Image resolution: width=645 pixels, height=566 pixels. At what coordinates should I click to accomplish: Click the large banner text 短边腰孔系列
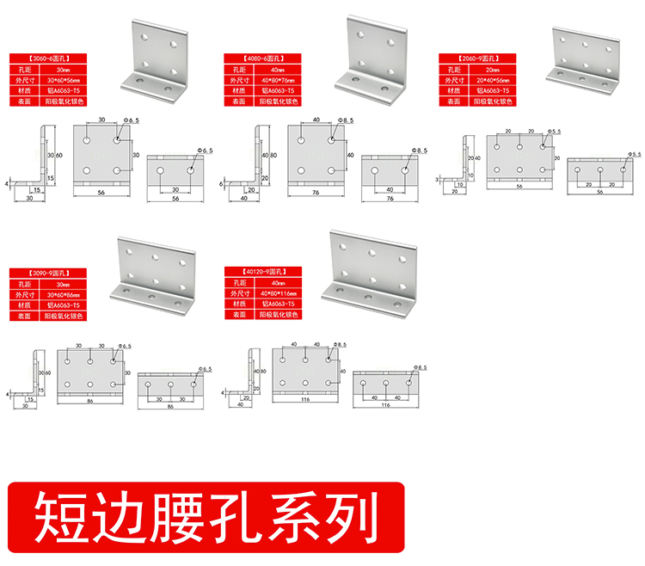tap(206, 514)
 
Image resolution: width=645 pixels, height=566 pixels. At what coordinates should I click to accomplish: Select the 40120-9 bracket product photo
tap(370, 271)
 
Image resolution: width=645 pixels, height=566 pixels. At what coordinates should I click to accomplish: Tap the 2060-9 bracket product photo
tap(584, 57)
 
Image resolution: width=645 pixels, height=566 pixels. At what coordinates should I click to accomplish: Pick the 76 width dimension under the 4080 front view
tap(316, 194)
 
